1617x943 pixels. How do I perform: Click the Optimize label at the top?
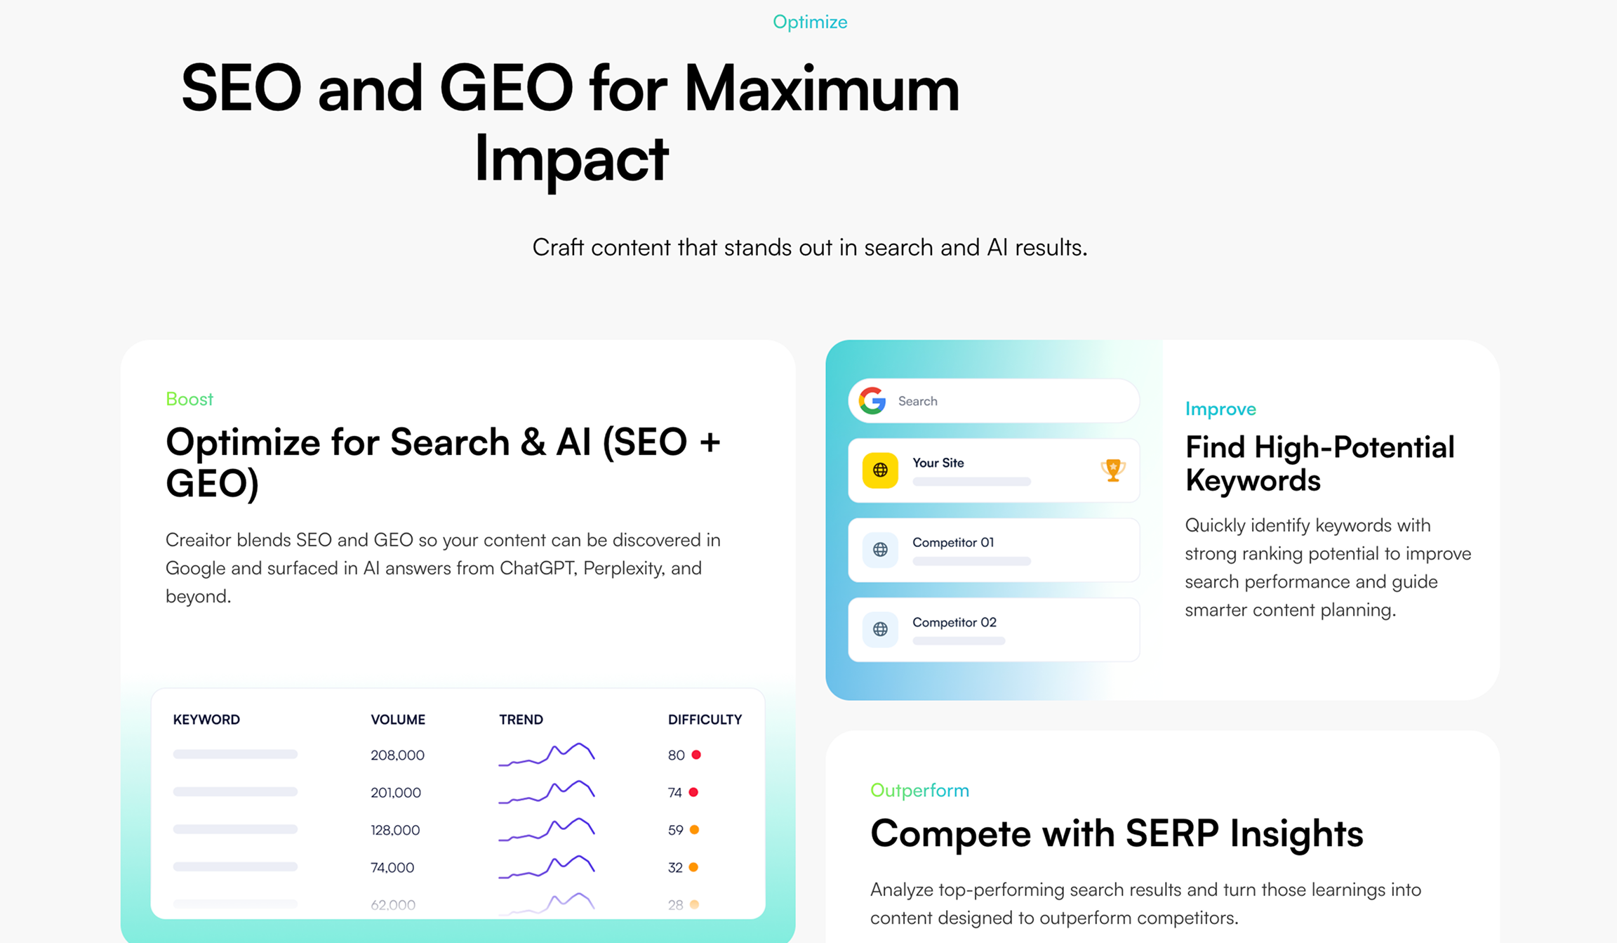click(x=810, y=22)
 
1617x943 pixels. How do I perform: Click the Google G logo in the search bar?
click(x=872, y=401)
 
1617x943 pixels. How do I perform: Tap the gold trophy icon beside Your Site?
click(x=1113, y=470)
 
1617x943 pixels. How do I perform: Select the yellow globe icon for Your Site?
click(x=880, y=470)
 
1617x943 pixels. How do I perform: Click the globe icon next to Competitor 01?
click(x=880, y=550)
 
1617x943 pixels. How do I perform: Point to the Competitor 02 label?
click(x=954, y=622)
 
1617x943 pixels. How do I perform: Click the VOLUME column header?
click(x=398, y=720)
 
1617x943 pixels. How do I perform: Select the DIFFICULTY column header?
click(x=705, y=720)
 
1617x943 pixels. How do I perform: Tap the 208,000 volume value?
click(x=397, y=756)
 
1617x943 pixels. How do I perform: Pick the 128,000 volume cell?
click(x=395, y=830)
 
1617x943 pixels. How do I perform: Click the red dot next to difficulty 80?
click(x=696, y=755)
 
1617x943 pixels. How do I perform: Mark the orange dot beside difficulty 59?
click(x=694, y=830)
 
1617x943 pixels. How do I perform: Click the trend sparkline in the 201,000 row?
click(x=547, y=791)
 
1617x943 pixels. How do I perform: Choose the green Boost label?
click(x=189, y=399)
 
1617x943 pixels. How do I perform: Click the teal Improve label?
click(x=1220, y=409)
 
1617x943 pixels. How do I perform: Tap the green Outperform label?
click(x=919, y=791)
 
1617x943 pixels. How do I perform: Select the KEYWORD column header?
click(x=206, y=720)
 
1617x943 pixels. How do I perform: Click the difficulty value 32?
click(x=675, y=868)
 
